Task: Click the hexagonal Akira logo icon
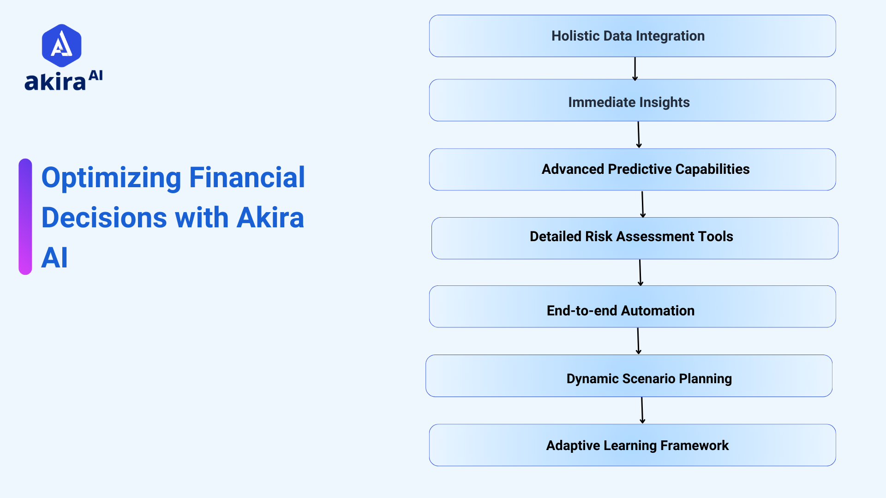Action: pos(61,45)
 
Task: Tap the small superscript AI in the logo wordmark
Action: pos(96,76)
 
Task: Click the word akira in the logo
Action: pos(55,83)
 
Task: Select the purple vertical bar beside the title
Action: pos(25,217)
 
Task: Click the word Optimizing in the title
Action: pos(111,178)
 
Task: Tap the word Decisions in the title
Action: pos(104,218)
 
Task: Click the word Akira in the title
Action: pos(270,218)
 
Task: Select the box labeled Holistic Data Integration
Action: pos(632,36)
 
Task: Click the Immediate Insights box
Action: pos(632,101)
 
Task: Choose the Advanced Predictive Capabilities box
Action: pos(632,169)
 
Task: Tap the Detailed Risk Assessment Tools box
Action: pos(635,238)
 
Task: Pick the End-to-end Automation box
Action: pos(632,307)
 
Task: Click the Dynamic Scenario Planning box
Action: pos(629,376)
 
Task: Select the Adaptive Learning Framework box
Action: pos(632,445)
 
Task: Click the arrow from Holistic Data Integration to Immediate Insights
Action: pos(635,68)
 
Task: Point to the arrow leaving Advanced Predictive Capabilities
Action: pos(642,204)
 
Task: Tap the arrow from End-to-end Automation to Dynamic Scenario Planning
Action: pos(638,341)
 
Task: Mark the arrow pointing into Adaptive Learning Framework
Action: pos(642,410)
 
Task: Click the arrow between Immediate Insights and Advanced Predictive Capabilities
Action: pos(639,135)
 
